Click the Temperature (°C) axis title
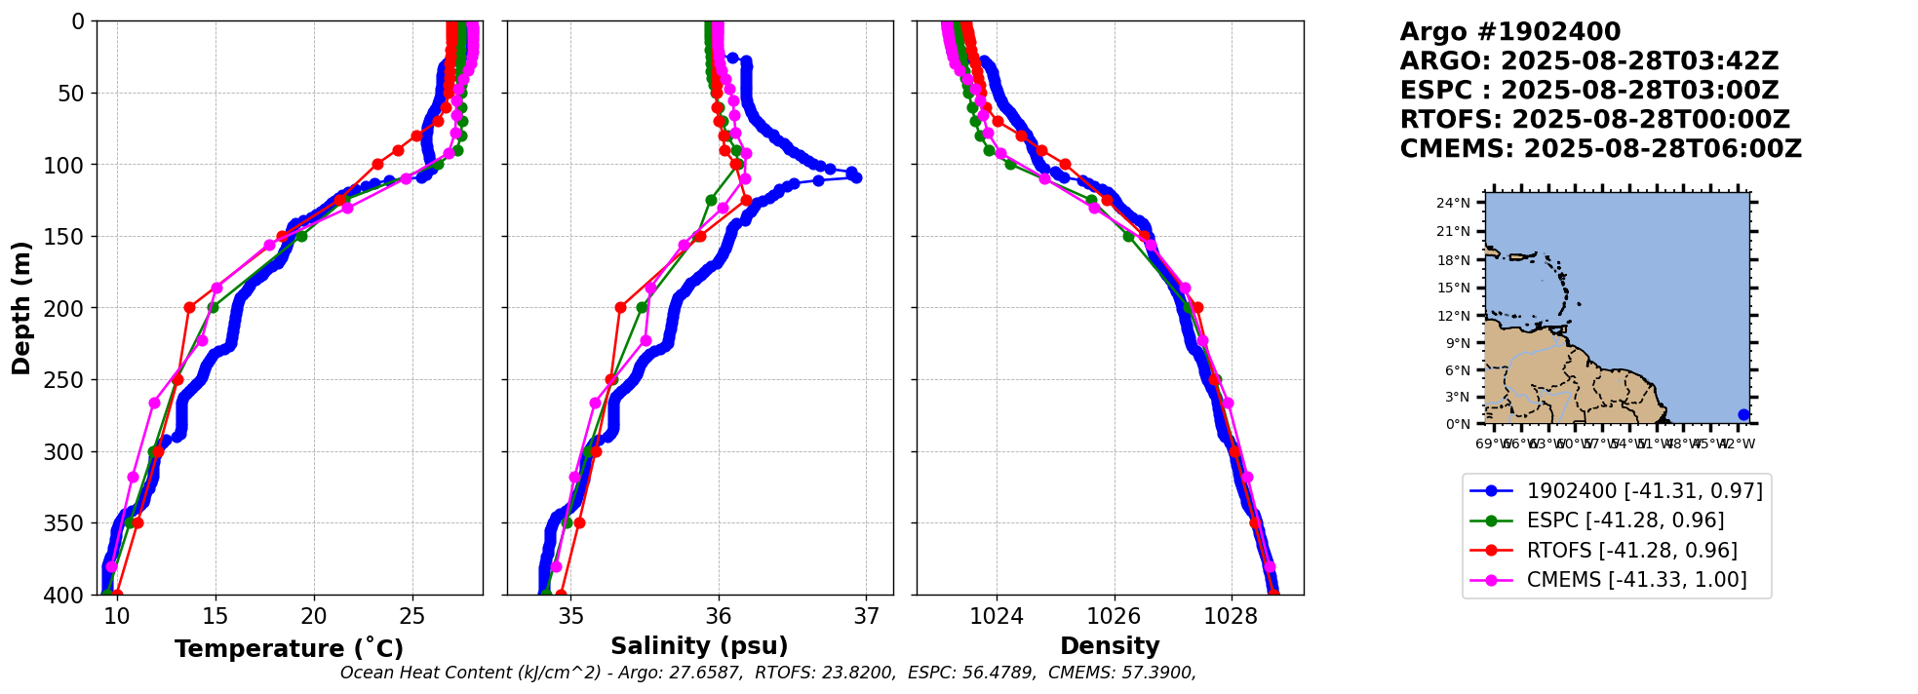(x=289, y=649)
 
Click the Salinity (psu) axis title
(x=699, y=646)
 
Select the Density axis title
(x=1110, y=646)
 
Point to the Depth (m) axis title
(x=21, y=307)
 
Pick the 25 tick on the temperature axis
(x=412, y=616)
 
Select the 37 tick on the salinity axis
(x=866, y=616)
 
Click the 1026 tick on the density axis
(x=1114, y=616)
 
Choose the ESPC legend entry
(x=1624, y=520)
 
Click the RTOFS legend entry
(x=1631, y=551)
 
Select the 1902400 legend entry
(x=1644, y=491)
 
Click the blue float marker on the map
(x=1743, y=414)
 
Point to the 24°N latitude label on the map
(x=1453, y=203)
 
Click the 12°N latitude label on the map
(x=1453, y=316)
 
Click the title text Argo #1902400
(x=1509, y=32)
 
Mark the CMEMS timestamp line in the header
(x=1600, y=149)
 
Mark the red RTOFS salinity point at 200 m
(x=620, y=307)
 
